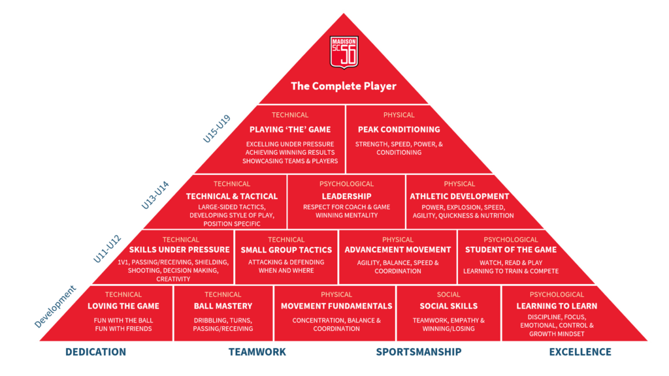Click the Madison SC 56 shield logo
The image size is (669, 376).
(x=344, y=53)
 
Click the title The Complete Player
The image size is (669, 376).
(x=344, y=86)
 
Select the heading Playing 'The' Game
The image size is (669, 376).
(x=290, y=129)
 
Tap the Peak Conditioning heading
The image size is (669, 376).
(x=399, y=129)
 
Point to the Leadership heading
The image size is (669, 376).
(x=346, y=196)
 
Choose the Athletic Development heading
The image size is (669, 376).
(x=459, y=196)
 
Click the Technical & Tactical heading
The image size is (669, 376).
(x=232, y=196)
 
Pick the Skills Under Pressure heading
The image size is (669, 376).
(x=180, y=249)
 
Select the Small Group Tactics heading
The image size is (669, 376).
(x=286, y=249)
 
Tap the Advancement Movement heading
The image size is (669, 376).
(x=398, y=249)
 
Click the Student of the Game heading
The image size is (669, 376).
(x=511, y=249)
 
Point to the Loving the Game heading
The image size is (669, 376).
(x=123, y=305)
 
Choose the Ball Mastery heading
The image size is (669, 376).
(x=223, y=305)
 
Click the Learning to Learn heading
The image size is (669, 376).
(x=557, y=305)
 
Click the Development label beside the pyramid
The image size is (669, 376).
(x=55, y=305)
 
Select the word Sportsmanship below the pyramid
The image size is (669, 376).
(x=419, y=352)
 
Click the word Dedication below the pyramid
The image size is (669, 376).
(x=95, y=352)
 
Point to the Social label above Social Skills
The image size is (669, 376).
(x=449, y=294)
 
